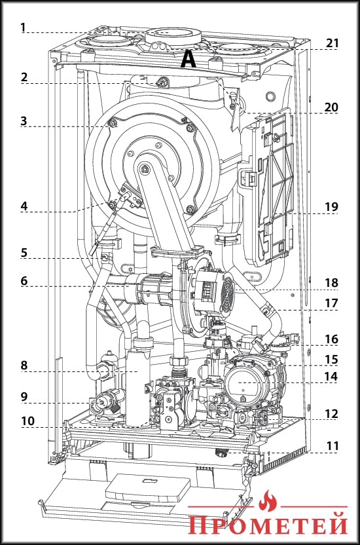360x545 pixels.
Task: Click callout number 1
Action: click(x=24, y=27)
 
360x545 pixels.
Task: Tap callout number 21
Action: click(x=332, y=43)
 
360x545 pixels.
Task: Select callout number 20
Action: click(x=331, y=107)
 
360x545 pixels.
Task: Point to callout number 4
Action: click(x=24, y=206)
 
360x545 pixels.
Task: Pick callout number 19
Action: click(x=332, y=207)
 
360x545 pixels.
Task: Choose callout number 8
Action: click(x=24, y=366)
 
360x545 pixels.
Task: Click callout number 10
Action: click(x=27, y=421)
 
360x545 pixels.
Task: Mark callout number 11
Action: click(x=333, y=446)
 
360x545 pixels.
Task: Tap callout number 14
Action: click(x=332, y=377)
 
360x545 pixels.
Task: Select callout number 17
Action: click(x=332, y=303)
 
